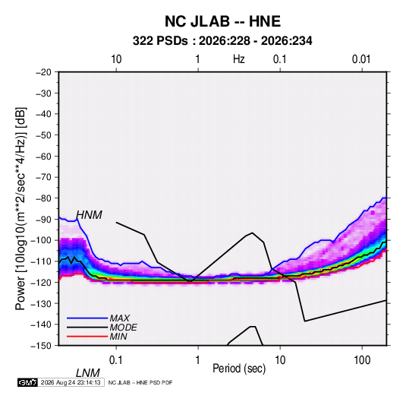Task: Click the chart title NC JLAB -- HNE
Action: (x=222, y=21)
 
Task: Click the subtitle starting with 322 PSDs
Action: (x=222, y=41)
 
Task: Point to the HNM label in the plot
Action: (x=89, y=215)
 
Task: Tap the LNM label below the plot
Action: (x=88, y=373)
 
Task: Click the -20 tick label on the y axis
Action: (x=43, y=72)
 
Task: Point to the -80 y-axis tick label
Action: (x=43, y=198)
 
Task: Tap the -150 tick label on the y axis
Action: (x=41, y=346)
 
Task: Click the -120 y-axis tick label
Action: (x=41, y=282)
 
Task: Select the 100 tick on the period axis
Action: (x=362, y=360)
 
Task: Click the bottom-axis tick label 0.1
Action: (x=116, y=360)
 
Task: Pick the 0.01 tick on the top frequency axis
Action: (x=361, y=59)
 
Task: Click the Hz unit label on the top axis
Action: (x=239, y=59)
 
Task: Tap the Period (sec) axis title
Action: (x=239, y=369)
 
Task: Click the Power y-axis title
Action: (x=20, y=209)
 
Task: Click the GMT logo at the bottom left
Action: (x=28, y=382)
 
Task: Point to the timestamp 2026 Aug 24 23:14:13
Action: (x=71, y=382)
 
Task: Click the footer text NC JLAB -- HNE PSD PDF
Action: (x=140, y=382)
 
